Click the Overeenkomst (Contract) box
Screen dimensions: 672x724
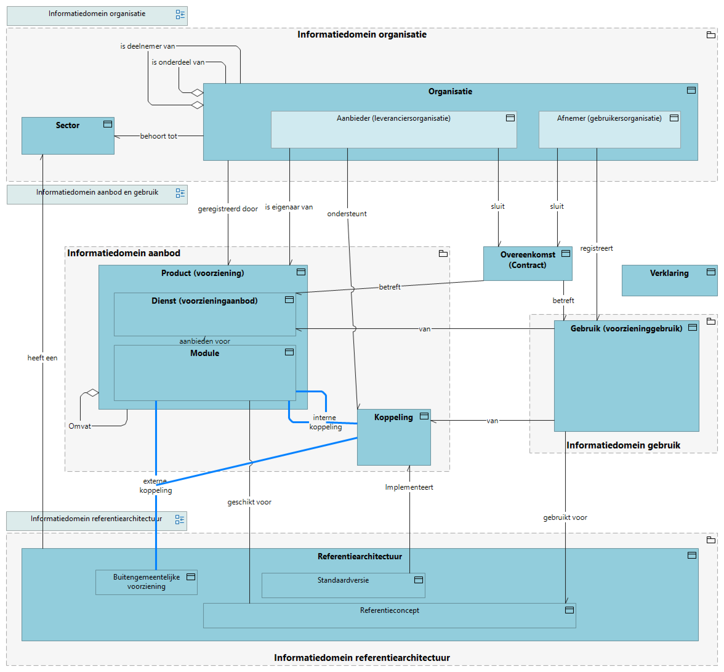coord(527,263)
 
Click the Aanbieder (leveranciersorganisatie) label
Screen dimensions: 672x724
coord(393,118)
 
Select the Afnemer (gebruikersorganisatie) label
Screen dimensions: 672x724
coord(609,118)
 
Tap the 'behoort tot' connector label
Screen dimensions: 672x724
coord(159,136)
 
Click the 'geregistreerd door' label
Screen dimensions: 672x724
coord(227,209)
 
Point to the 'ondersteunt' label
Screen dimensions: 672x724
coord(347,214)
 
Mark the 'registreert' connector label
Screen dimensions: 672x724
coord(597,248)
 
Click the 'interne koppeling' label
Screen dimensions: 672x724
coord(325,422)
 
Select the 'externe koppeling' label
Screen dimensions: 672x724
coord(155,486)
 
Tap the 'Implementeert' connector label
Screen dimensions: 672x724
coord(409,487)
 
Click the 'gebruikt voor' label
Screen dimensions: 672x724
coord(565,517)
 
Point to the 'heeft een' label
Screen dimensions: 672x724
coord(42,358)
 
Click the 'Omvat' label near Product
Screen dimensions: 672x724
coord(80,426)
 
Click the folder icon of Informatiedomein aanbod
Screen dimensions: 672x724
coord(443,254)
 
